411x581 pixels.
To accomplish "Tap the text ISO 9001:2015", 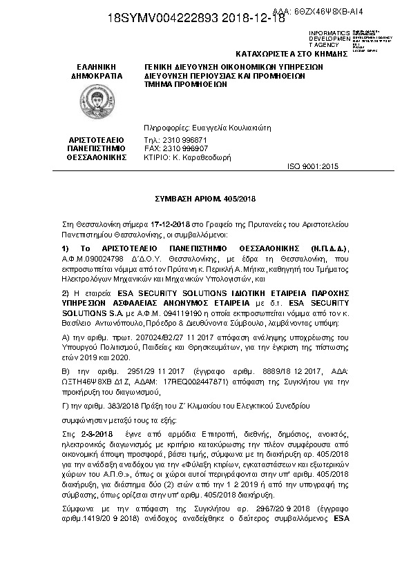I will pyautogui.click(x=313, y=167).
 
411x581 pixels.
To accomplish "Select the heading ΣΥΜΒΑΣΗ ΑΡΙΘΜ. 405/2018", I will pyautogui.click(x=205, y=199).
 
